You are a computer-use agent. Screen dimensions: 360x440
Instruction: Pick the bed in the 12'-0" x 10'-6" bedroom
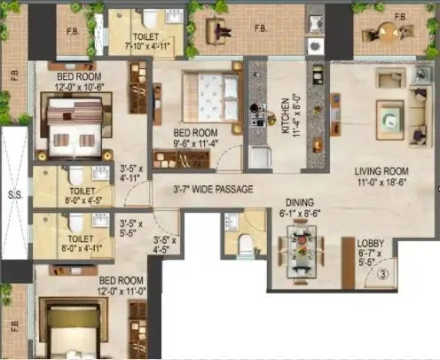coord(75,123)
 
